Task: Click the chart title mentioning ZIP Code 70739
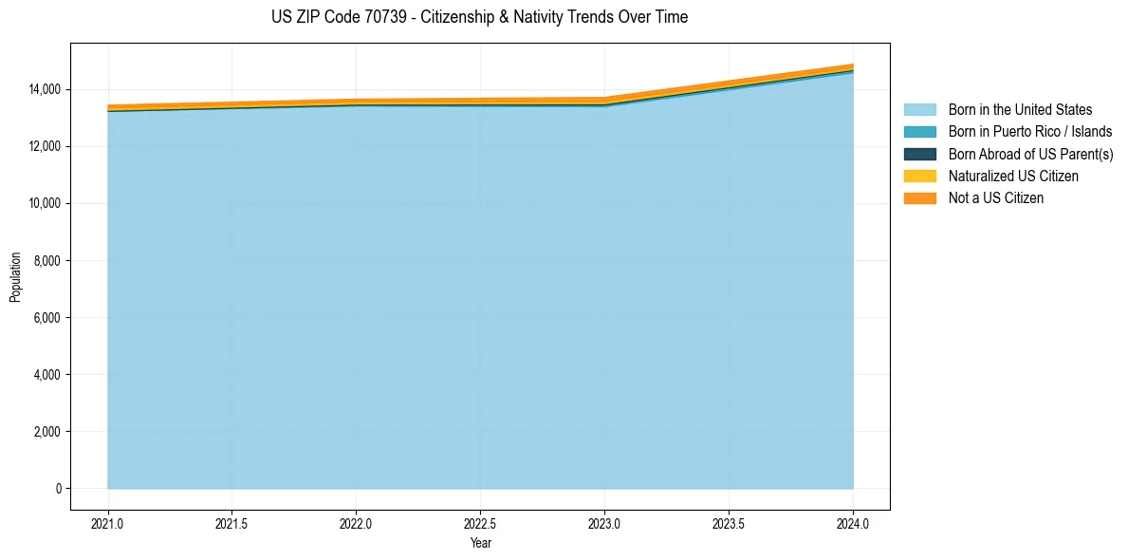point(479,17)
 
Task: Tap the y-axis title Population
point(15,277)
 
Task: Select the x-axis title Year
point(480,543)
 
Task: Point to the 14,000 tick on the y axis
point(45,89)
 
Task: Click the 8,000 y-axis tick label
point(47,260)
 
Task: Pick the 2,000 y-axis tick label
point(47,432)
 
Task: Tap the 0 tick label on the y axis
point(58,489)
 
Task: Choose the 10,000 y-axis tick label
point(45,203)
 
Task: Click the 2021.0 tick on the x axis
point(108,523)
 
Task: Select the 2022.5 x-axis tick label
point(480,523)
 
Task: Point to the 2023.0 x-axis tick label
point(604,523)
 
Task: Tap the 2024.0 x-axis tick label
point(853,523)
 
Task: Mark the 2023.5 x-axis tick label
point(729,523)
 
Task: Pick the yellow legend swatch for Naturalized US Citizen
point(919,177)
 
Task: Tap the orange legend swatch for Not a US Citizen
point(919,198)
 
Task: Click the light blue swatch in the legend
point(919,110)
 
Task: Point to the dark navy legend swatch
point(919,154)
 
